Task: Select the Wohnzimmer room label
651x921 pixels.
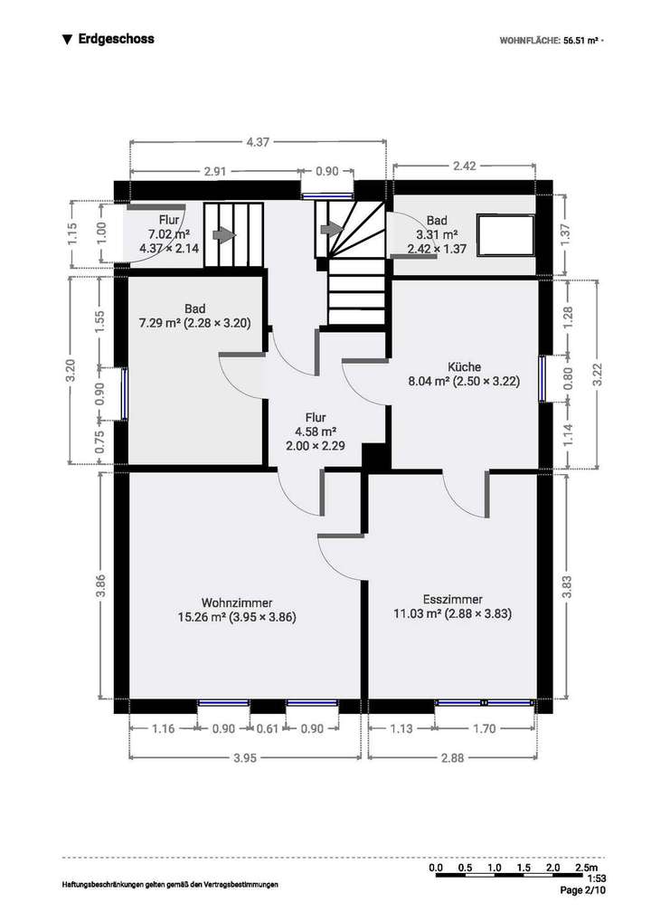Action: point(237,610)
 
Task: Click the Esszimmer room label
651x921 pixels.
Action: point(452,606)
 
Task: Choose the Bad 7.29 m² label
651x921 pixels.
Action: point(194,315)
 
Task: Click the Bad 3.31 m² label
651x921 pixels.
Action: point(437,233)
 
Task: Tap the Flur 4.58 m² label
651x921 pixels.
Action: point(315,432)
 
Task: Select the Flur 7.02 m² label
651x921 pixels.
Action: point(169,233)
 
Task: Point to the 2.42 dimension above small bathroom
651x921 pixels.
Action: point(464,166)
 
